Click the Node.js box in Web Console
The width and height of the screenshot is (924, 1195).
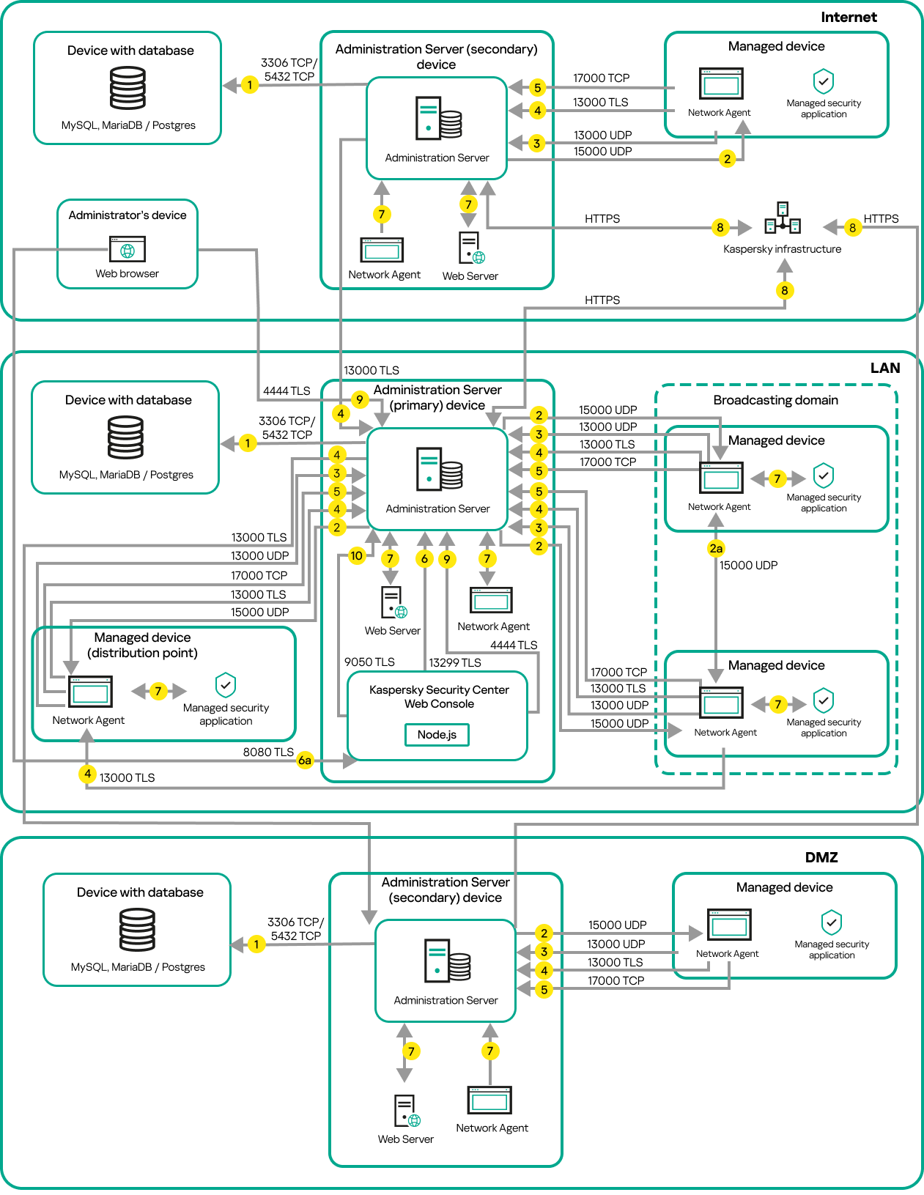(437, 734)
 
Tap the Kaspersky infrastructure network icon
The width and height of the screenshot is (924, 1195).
(783, 218)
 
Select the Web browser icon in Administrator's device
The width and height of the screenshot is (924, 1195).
(127, 249)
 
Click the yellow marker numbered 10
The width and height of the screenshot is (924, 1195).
(356, 555)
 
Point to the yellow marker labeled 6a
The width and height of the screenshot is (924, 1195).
(305, 761)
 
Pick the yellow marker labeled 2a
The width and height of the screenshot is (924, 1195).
(716, 548)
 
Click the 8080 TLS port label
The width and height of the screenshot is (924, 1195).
(268, 752)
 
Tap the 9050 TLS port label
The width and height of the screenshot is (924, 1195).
(369, 662)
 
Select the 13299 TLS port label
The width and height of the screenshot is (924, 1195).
(455, 662)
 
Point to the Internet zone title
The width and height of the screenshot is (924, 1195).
(849, 17)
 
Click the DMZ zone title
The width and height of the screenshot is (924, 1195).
(821, 857)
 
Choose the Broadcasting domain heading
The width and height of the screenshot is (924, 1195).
(775, 400)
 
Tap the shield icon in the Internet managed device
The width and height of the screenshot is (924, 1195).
(824, 81)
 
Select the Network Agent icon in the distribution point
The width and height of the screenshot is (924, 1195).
(90, 691)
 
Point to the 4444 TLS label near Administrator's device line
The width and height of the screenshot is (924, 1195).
(287, 391)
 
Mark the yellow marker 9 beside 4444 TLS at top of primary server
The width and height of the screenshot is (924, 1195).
(359, 399)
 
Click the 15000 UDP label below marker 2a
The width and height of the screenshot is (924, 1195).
(748, 566)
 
